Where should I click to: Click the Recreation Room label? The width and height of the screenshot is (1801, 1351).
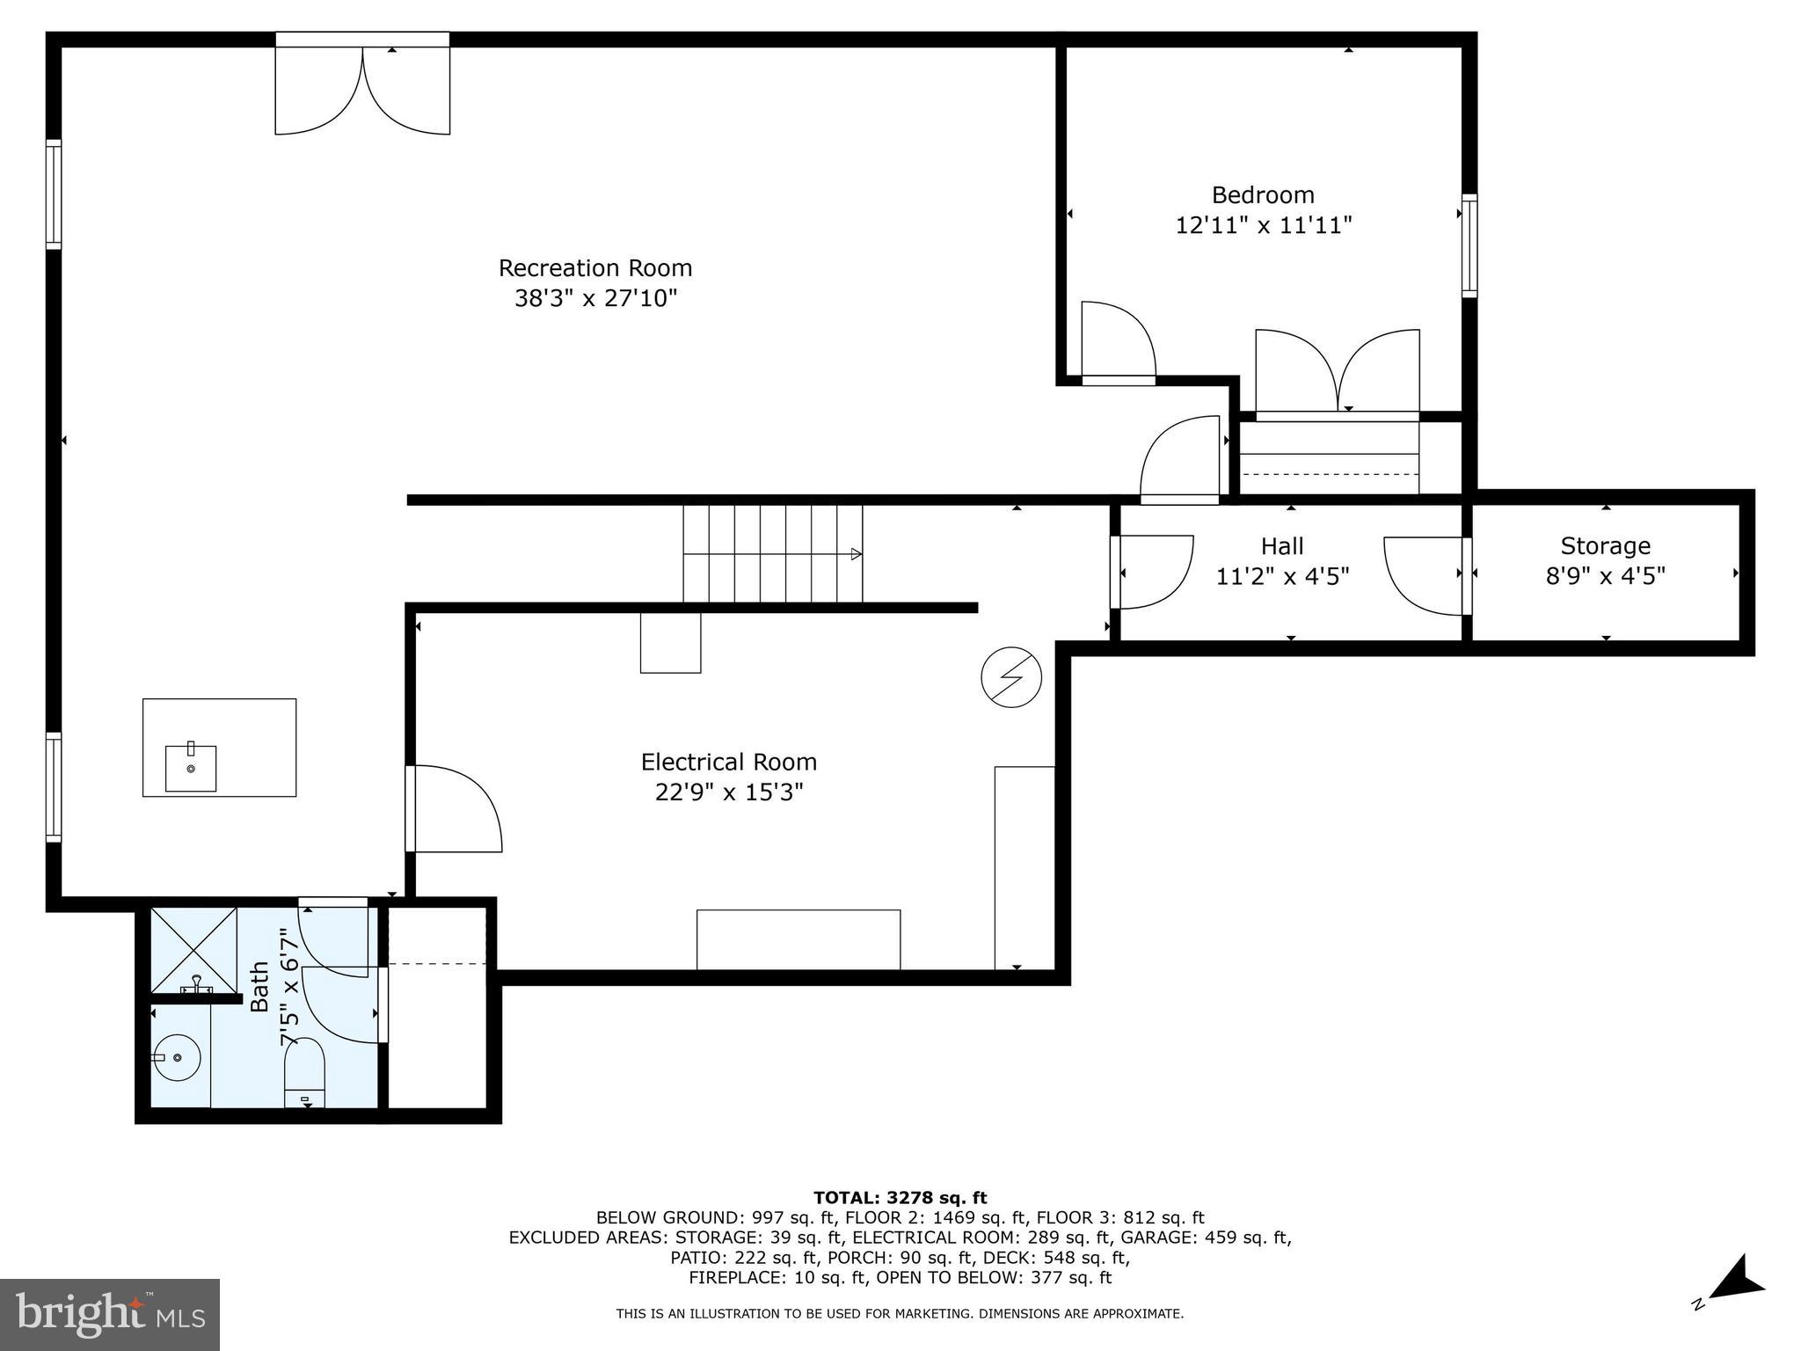pyautogui.click(x=595, y=268)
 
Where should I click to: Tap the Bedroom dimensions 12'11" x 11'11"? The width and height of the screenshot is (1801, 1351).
pyautogui.click(x=1263, y=226)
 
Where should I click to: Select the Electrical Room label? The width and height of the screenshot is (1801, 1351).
pyautogui.click(x=728, y=762)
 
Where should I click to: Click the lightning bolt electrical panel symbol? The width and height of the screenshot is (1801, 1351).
pyautogui.click(x=1011, y=677)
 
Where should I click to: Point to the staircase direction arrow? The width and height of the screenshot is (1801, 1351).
pyautogui.click(x=855, y=554)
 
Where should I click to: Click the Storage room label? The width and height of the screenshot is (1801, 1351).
pyautogui.click(x=1605, y=546)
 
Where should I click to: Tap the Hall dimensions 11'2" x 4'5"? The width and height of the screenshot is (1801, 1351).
pyautogui.click(x=1282, y=577)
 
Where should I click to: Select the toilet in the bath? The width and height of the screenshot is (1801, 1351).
pyautogui.click(x=304, y=1074)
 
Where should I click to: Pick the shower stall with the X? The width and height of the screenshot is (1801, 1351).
pyautogui.click(x=193, y=950)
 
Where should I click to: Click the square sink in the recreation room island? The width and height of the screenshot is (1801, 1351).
pyautogui.click(x=191, y=767)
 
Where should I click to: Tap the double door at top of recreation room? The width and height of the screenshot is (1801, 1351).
pyautogui.click(x=362, y=88)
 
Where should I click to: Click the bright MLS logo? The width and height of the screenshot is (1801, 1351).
pyautogui.click(x=109, y=1315)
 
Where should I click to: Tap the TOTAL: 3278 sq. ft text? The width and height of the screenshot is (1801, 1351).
pyautogui.click(x=900, y=1197)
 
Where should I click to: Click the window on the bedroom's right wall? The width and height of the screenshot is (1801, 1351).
pyautogui.click(x=1469, y=245)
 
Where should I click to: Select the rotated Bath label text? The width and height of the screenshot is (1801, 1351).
pyautogui.click(x=259, y=987)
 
